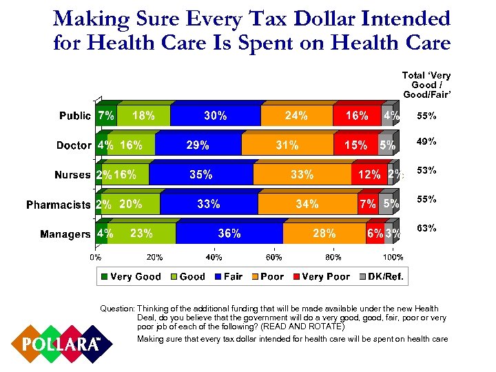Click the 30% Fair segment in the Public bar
(x=216, y=116)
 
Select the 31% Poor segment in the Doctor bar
(x=287, y=145)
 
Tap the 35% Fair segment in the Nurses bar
(x=201, y=175)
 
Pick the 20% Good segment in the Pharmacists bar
(x=130, y=205)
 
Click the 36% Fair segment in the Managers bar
(x=229, y=234)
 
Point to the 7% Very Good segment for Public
(x=106, y=116)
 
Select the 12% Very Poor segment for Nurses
(x=369, y=175)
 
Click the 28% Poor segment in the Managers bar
(x=324, y=234)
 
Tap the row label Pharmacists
(x=59, y=205)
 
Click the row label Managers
(x=65, y=234)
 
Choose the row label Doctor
(x=74, y=145)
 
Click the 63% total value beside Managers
(x=427, y=228)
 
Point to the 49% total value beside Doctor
(x=427, y=142)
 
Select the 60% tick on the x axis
(x=273, y=258)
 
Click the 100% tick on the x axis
(x=393, y=258)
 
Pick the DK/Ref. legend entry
(x=382, y=277)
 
